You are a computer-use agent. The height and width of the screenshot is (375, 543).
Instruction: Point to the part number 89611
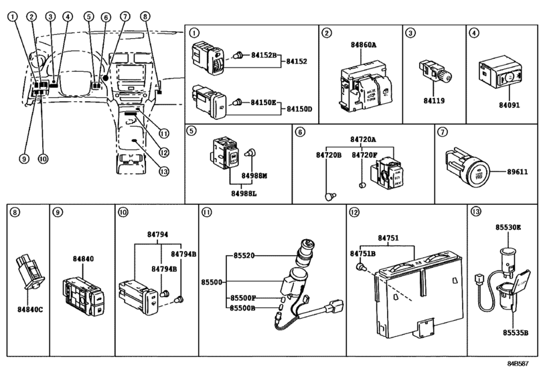[x=515, y=171]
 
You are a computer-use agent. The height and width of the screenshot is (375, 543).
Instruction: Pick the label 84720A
[x=362, y=140]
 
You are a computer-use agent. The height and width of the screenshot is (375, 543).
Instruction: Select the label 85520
[x=246, y=255]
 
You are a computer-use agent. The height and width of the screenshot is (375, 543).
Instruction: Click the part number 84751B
[x=362, y=254]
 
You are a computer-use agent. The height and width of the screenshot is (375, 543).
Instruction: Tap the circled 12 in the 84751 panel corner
[x=354, y=212]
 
